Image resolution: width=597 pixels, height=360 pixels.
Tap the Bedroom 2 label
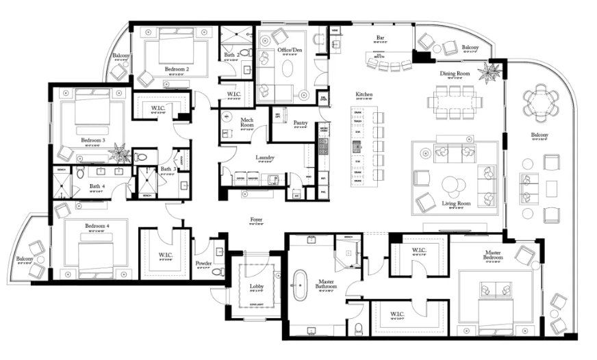click(x=177, y=69)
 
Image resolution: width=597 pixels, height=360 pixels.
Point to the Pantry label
click(x=299, y=123)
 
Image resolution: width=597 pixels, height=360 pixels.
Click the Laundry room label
click(x=265, y=158)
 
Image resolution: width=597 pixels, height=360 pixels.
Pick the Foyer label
click(x=256, y=220)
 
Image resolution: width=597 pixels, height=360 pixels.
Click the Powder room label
click(x=203, y=263)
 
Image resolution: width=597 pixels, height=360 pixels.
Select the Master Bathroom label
click(x=325, y=282)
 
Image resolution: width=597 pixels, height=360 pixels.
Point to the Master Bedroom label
click(x=492, y=256)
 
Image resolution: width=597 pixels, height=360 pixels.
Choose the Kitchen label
click(x=364, y=94)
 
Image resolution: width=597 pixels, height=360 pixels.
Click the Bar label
click(x=380, y=38)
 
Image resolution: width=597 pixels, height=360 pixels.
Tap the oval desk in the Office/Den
click(x=285, y=68)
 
